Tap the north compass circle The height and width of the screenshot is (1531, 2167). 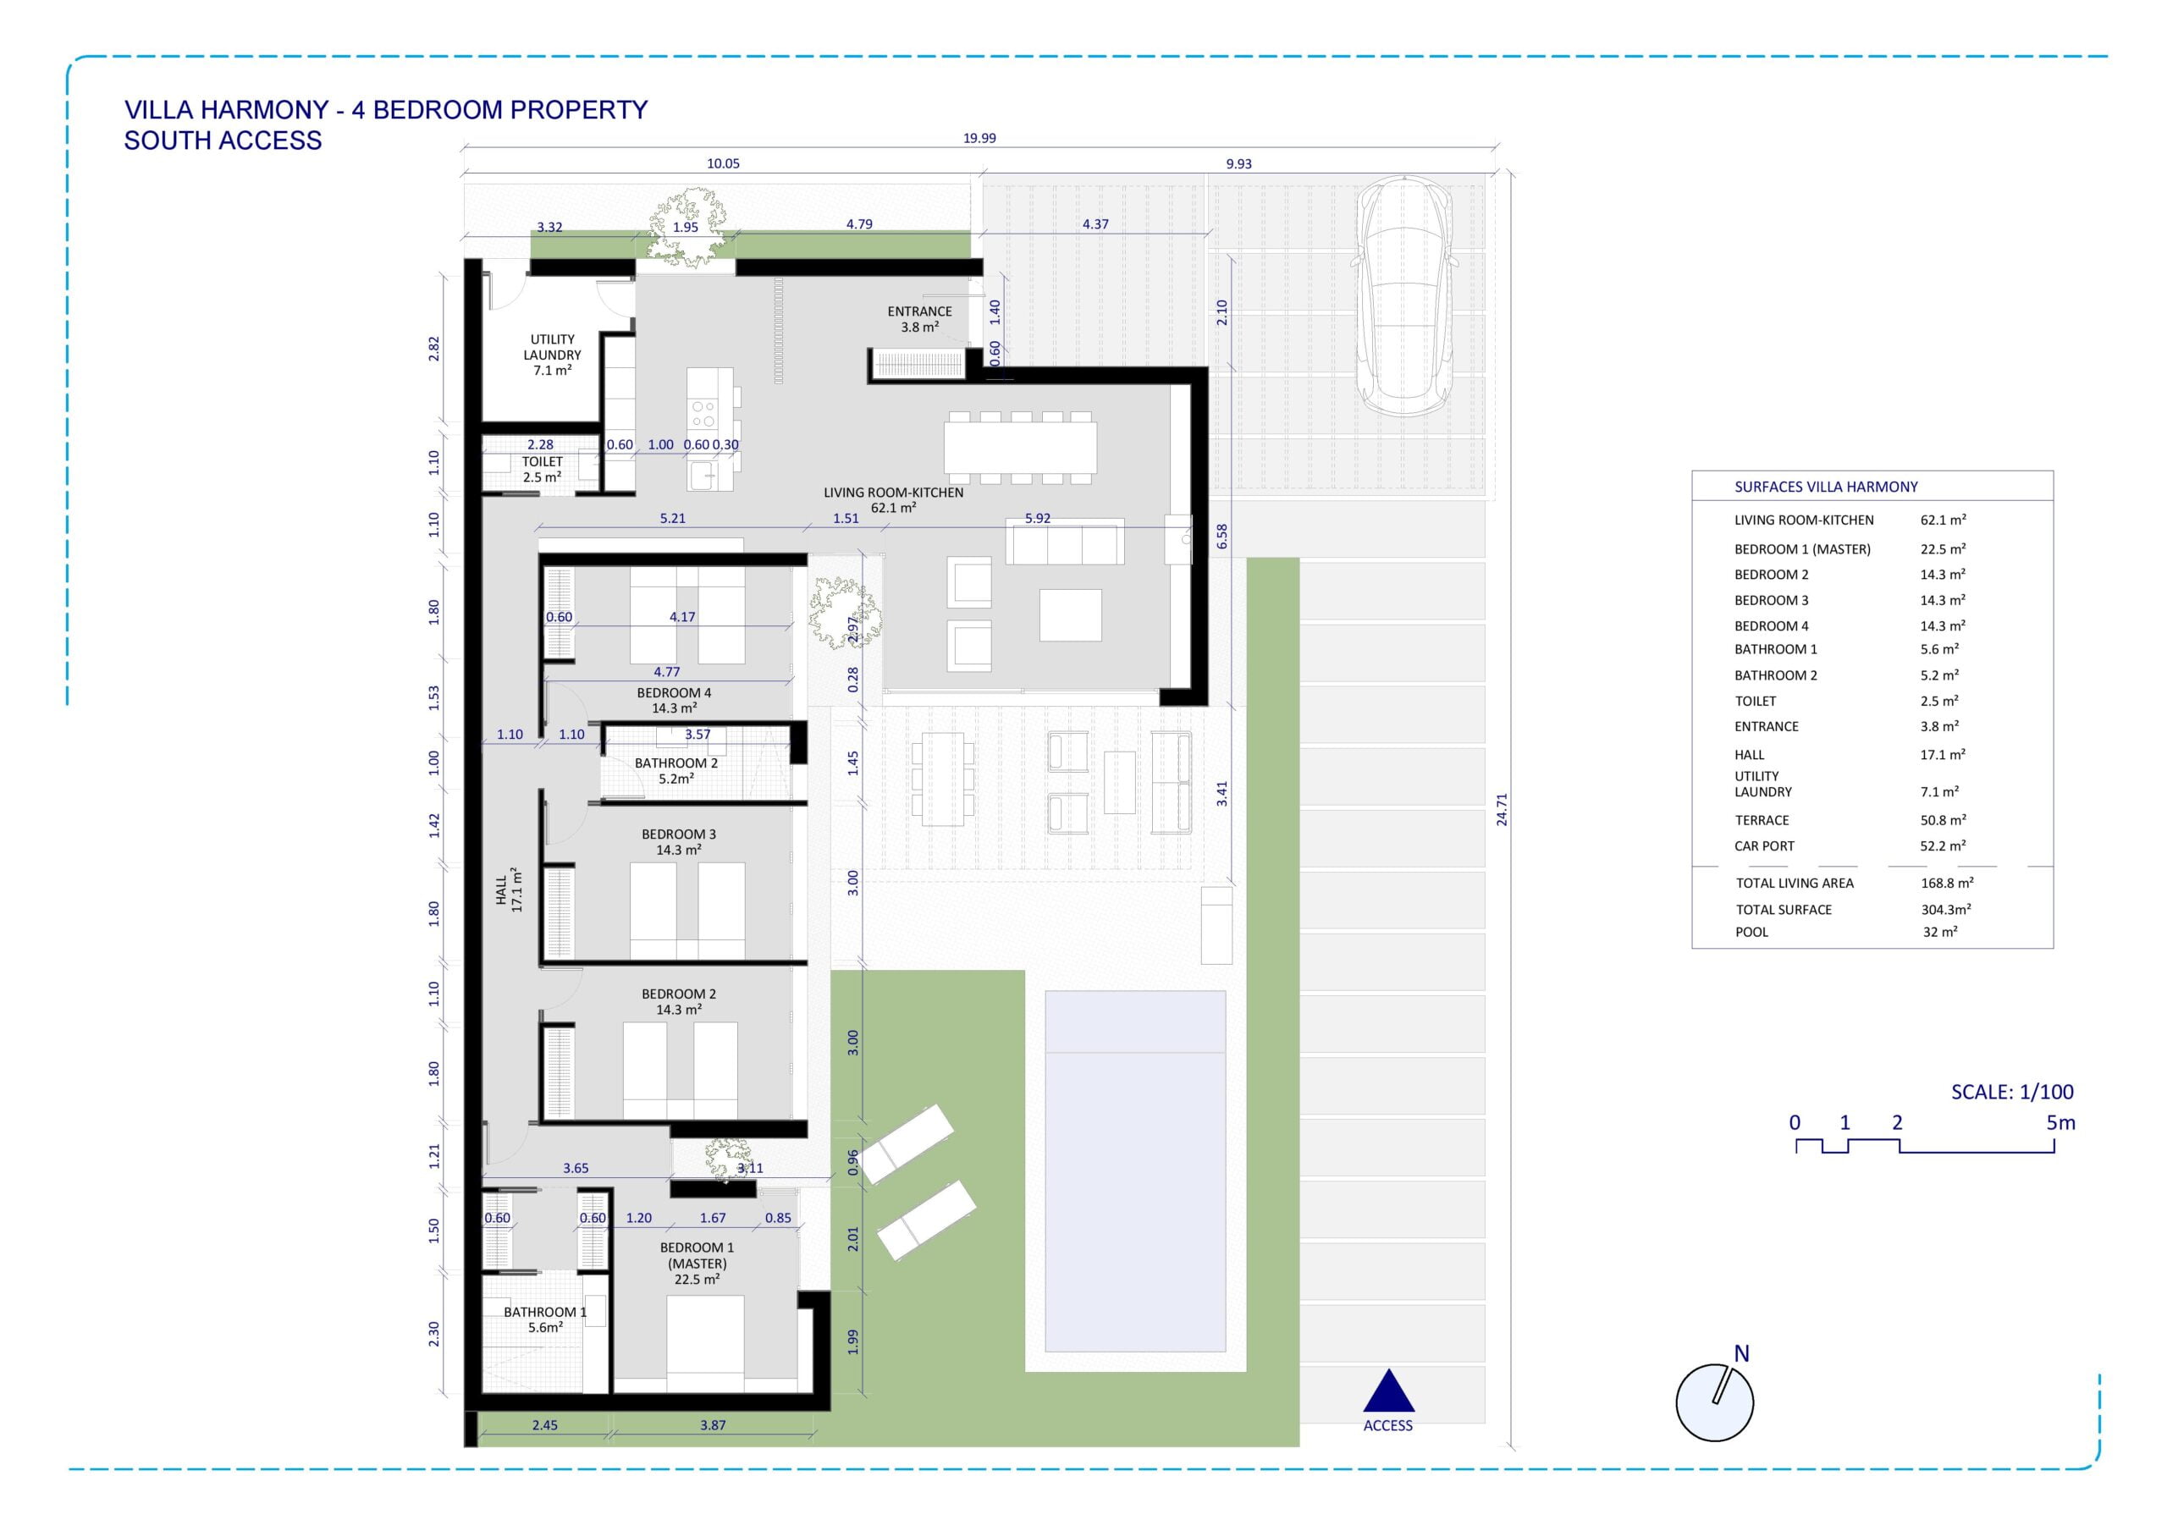coord(1715,1402)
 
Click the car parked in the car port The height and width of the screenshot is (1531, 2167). coord(1404,297)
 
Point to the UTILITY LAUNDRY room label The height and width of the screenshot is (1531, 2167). coord(552,355)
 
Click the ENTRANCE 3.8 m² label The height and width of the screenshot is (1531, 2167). coord(919,319)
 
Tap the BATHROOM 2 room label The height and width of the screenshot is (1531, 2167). coord(675,771)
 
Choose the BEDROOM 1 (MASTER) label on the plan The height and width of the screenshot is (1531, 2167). coord(697,1263)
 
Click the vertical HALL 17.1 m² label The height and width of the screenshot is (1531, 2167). coord(509,889)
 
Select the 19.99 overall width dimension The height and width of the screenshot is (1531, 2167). coord(979,138)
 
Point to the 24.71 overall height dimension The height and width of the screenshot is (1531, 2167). coord(1502,810)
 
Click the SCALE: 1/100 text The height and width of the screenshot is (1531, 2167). coord(2012,1092)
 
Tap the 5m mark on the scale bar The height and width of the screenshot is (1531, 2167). coord(2060,1123)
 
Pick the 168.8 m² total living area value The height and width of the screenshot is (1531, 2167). coord(1947,884)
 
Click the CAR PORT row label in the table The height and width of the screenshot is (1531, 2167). coord(1764,846)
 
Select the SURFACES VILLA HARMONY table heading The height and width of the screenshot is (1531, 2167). coord(1825,487)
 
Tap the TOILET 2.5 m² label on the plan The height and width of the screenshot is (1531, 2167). coord(542,469)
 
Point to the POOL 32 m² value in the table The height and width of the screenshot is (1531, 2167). coord(1939,932)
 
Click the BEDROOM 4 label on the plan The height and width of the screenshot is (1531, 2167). coord(674,701)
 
